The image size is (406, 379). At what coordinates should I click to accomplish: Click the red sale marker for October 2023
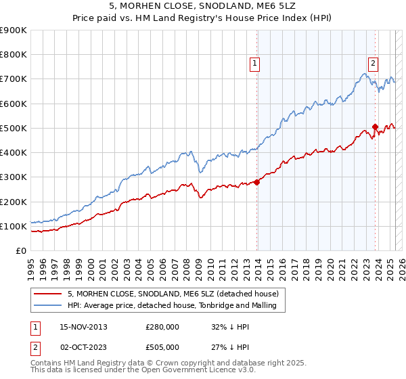(x=375, y=127)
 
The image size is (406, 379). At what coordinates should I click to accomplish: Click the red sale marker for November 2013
(x=257, y=181)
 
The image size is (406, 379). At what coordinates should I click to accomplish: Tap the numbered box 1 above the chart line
(x=254, y=64)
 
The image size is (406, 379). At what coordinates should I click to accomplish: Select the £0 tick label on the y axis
(x=20, y=250)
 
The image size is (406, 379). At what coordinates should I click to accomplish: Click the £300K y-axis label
(x=14, y=177)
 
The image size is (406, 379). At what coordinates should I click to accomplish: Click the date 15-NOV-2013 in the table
(x=83, y=327)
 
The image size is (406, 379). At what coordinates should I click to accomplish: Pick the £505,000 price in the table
(x=162, y=347)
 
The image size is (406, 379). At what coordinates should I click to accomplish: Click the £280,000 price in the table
(x=162, y=327)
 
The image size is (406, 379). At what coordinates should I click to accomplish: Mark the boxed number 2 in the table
(x=35, y=347)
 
